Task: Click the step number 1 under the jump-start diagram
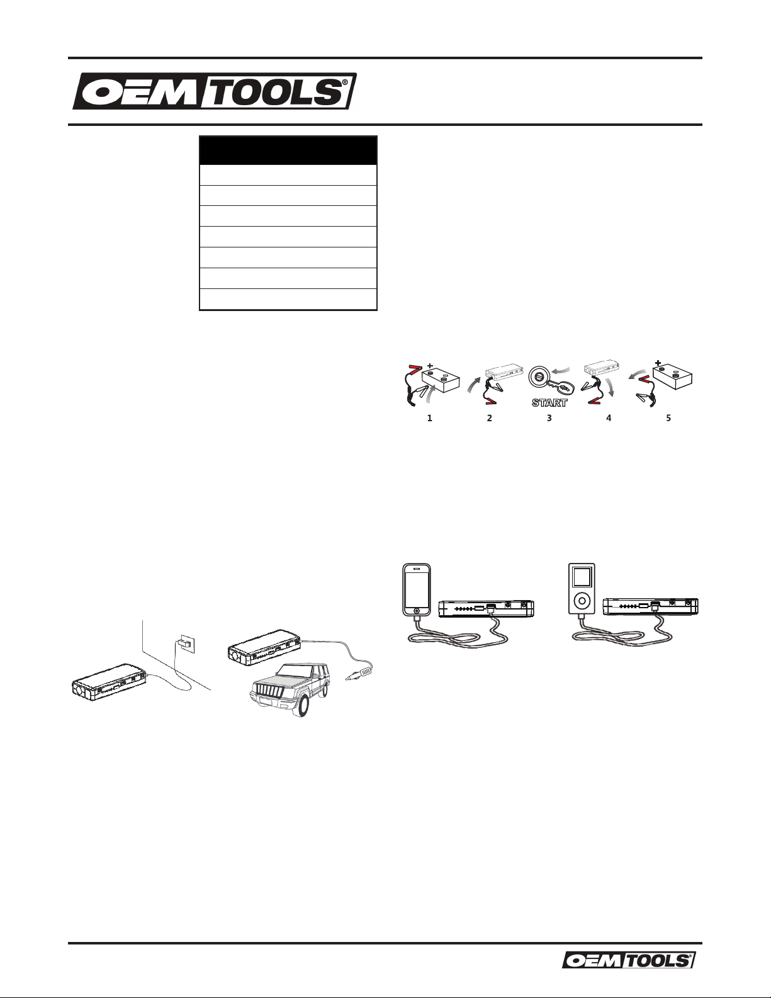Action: click(429, 418)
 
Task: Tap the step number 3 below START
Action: click(549, 418)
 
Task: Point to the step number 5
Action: click(668, 418)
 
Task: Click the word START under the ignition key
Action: click(549, 403)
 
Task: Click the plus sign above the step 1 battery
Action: click(430, 366)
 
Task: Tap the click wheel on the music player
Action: click(582, 600)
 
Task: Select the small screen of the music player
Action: click(582, 576)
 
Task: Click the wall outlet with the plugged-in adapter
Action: click(187, 644)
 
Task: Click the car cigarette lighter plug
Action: click(358, 674)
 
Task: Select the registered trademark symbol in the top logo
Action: click(345, 82)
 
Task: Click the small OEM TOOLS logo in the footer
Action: click(629, 960)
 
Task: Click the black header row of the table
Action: click(288, 150)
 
